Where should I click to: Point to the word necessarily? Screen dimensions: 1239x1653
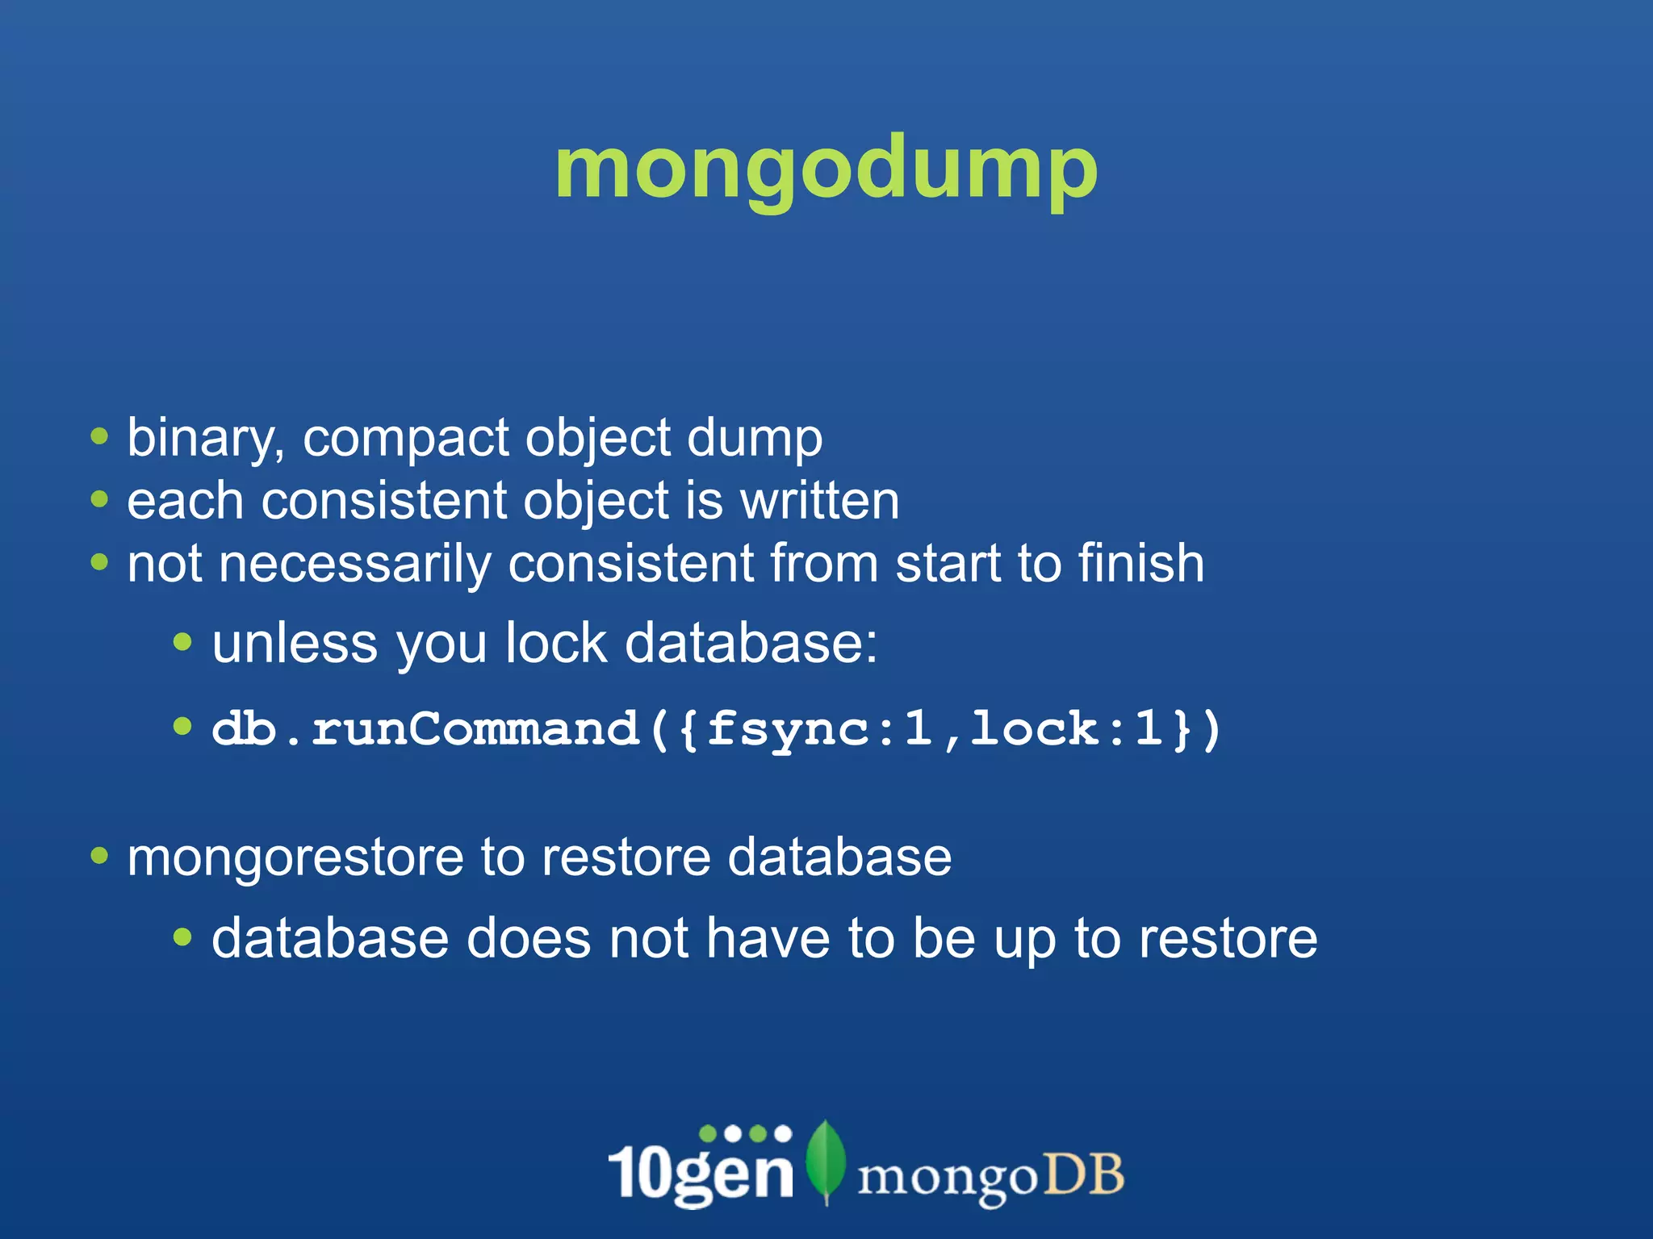[355, 564]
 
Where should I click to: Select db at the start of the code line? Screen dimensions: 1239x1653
[244, 728]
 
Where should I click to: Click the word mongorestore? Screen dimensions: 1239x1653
[295, 857]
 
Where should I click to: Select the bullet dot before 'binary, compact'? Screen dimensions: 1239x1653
[99, 437]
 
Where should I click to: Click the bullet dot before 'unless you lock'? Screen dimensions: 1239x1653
[183, 642]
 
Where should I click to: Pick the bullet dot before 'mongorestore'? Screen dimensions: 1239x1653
[99, 855]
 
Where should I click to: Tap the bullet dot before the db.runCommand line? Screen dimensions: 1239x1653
[183, 727]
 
